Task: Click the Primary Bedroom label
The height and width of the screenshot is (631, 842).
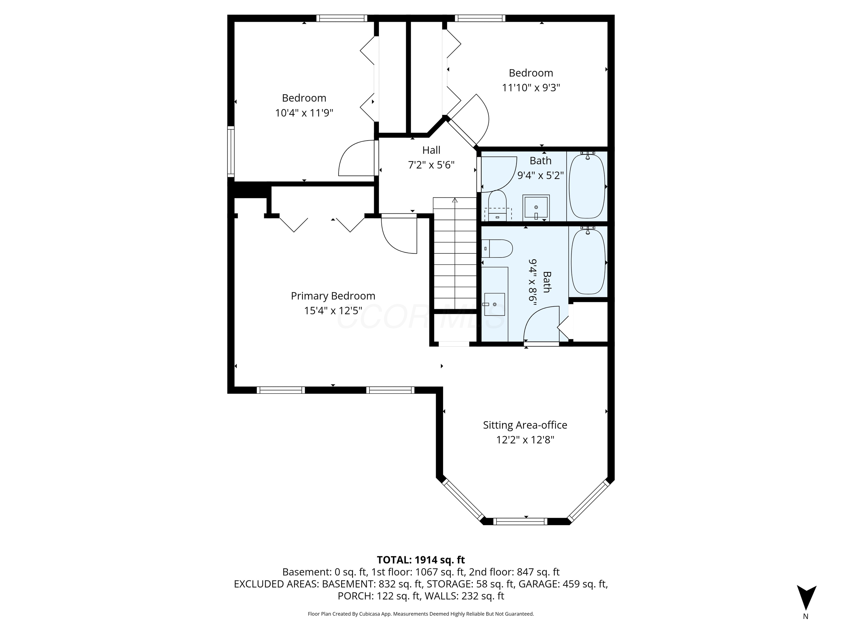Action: pos(333,296)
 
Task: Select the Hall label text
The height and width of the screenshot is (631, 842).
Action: pos(431,150)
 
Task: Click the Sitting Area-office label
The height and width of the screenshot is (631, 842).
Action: pos(524,425)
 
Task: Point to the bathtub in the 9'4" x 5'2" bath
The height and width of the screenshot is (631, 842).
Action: pos(587,186)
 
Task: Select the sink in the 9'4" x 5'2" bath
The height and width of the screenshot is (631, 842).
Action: pos(536,208)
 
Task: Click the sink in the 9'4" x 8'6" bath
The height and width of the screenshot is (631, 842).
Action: pos(494,304)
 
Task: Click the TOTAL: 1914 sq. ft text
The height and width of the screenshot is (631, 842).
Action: pos(421,560)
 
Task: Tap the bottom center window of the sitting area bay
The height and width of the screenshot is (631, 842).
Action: pos(520,522)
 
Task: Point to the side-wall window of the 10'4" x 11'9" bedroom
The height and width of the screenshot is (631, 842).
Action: pos(231,151)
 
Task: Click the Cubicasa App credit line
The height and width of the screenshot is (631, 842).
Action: pos(421,614)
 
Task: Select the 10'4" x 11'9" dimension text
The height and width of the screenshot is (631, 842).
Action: pos(304,113)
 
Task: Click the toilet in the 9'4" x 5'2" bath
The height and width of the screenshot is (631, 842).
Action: pos(497,205)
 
